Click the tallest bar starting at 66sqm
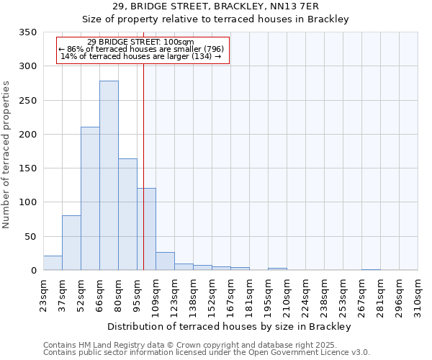[109, 176]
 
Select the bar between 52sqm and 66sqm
[90, 199]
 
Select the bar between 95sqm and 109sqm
[146, 230]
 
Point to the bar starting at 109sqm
[165, 261]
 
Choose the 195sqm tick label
[268, 295]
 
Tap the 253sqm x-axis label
[343, 295]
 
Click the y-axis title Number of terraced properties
[7, 154]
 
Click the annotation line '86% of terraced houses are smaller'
[142, 49]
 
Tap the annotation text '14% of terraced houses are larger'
[142, 56]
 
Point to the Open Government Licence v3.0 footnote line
[207, 353]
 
